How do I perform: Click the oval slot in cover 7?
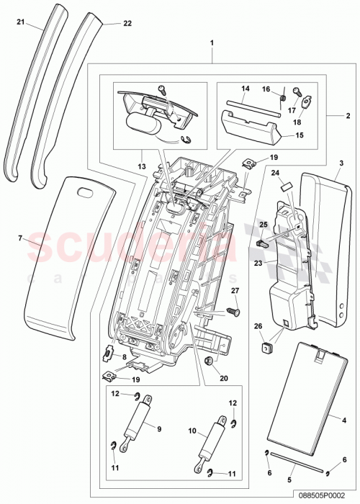pyautogui.click(x=86, y=192)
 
